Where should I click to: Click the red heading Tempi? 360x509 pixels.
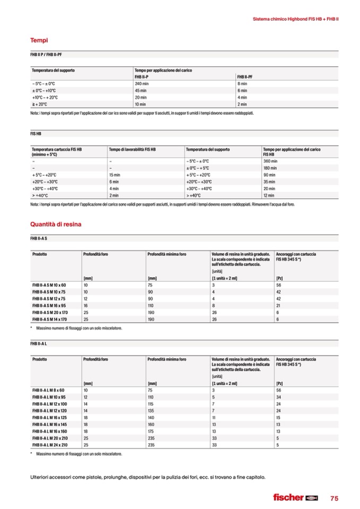click(x=39, y=40)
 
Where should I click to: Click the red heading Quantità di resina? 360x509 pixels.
click(x=56, y=223)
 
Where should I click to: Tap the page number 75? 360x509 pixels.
click(x=334, y=498)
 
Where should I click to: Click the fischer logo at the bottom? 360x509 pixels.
click(x=295, y=497)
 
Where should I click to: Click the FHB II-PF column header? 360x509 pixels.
click(x=245, y=77)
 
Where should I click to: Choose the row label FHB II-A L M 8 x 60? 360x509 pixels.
click(x=48, y=390)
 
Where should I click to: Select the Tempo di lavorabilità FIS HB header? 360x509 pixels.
click(x=132, y=150)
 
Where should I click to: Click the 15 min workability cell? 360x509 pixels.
click(x=114, y=175)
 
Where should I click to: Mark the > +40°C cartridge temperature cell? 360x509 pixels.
click(x=41, y=195)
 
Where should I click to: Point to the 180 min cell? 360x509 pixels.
click(x=271, y=168)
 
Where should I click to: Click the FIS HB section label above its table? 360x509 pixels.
click(x=36, y=135)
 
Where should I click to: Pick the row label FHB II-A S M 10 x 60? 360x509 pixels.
click(x=49, y=285)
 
